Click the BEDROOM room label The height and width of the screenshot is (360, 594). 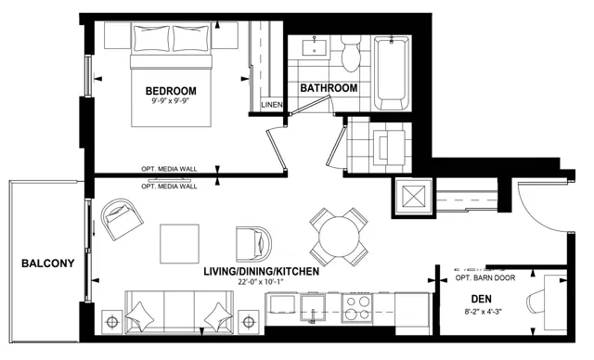point(171,91)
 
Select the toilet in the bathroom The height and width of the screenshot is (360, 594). point(350,54)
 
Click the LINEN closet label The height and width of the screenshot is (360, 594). point(272,105)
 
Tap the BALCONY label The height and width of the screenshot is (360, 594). point(47,264)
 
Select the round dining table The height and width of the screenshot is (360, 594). point(338,237)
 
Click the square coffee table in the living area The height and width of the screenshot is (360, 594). point(179,244)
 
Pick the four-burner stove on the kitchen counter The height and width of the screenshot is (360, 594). point(357,308)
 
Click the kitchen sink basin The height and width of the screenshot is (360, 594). point(313,308)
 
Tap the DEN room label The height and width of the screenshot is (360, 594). point(481,299)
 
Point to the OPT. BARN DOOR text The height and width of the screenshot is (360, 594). point(484,277)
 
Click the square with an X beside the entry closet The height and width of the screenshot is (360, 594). point(413,197)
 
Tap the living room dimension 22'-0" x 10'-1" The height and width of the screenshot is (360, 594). point(261,282)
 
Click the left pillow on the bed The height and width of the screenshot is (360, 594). point(152,39)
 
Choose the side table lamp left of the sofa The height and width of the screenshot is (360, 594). point(111,322)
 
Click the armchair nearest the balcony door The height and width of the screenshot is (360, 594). point(122,219)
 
